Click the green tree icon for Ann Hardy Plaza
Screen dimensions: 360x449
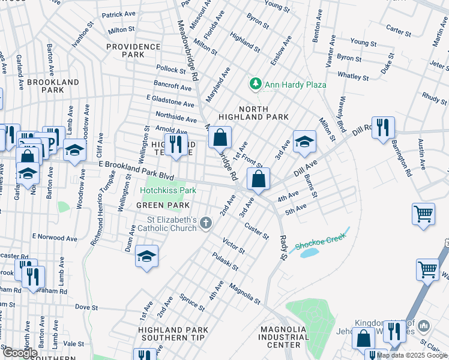pos(256,84)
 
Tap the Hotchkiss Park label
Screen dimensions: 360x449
pos(168,190)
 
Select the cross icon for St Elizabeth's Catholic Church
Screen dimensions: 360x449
pos(206,224)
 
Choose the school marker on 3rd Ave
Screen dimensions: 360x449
pos(304,142)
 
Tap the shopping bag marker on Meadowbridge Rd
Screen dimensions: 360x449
pos(220,137)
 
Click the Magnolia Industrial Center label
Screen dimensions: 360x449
pos(284,337)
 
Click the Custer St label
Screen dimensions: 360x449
pos(256,231)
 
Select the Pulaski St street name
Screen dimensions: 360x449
pos(225,262)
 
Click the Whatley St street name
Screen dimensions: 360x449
pos(353,77)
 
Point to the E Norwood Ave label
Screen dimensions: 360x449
pos(55,238)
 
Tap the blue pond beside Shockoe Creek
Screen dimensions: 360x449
pos(309,252)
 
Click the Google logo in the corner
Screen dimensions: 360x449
pos(20,353)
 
